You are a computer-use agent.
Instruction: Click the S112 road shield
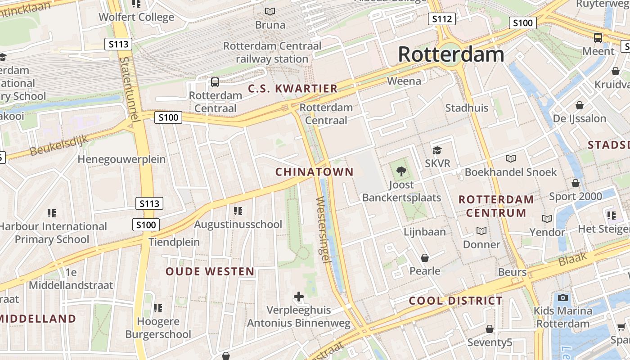(x=441, y=19)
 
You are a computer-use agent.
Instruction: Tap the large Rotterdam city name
(x=451, y=55)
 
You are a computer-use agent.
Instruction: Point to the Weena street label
(x=404, y=81)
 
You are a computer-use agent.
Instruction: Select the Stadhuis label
(x=467, y=108)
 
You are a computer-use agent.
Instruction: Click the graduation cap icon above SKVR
(x=437, y=150)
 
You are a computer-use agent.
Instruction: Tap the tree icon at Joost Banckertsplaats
(x=401, y=171)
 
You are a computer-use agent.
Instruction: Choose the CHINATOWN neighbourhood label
(x=315, y=172)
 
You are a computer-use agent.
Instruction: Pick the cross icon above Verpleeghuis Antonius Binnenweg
(x=299, y=297)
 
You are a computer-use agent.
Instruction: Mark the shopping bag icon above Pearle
(x=424, y=258)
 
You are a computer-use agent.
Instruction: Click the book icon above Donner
(x=481, y=231)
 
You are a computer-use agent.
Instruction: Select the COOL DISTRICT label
(x=455, y=301)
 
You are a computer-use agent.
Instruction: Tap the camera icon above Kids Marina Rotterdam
(x=563, y=297)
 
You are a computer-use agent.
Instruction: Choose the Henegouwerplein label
(x=121, y=159)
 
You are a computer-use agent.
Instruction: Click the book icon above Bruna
(x=270, y=12)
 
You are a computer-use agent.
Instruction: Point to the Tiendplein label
(x=174, y=242)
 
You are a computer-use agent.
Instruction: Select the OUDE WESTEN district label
(x=210, y=272)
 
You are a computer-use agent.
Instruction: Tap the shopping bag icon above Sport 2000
(x=575, y=183)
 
